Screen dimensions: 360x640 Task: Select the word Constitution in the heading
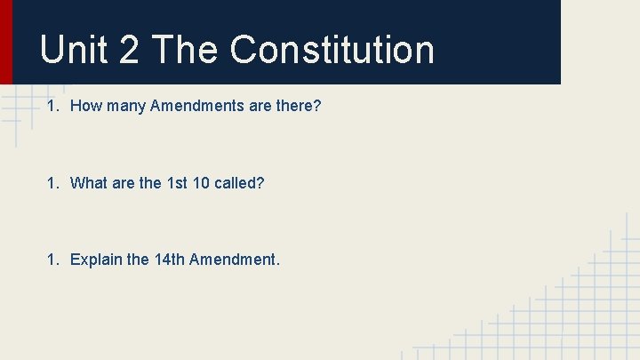332,50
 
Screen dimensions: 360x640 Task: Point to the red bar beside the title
6,42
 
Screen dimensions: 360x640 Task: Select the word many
126,107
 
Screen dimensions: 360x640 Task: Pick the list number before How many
52,107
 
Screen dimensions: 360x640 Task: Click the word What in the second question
88,183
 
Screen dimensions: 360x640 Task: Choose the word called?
239,183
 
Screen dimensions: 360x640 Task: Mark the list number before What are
52,183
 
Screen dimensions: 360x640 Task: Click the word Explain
96,260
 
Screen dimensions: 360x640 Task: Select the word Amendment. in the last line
235,260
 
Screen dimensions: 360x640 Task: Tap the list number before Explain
52,260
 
